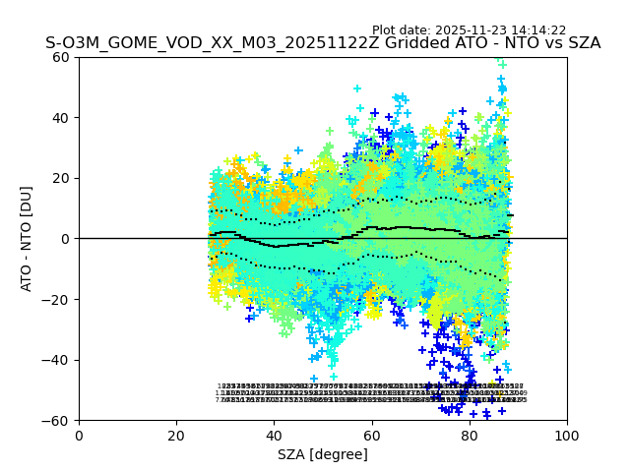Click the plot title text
pyautogui.click(x=323, y=43)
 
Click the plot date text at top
pyautogui.click(x=469, y=30)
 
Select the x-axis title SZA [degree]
pyautogui.click(x=323, y=454)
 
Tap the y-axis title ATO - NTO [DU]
pyautogui.click(x=28, y=239)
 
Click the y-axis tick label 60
pyautogui.click(x=62, y=57)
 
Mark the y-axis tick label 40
pyautogui.click(x=62, y=118)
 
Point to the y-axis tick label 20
pyautogui.click(x=62, y=178)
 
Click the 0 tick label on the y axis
pyautogui.click(x=66, y=239)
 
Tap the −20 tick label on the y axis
pyautogui.click(x=57, y=299)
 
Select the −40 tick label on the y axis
pyautogui.click(x=57, y=360)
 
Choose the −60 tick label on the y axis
pyautogui.click(x=57, y=420)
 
